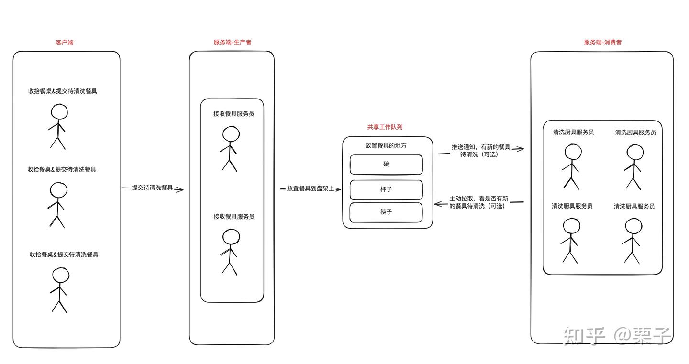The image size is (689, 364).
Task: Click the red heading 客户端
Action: point(65,43)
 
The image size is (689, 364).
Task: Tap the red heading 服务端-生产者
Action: point(233,43)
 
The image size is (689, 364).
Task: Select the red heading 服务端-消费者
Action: point(603,43)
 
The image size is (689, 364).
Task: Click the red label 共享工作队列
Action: point(385,127)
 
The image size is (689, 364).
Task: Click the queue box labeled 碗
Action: point(386,165)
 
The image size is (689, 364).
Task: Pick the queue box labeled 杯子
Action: point(386,190)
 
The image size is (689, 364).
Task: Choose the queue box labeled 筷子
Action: point(386,212)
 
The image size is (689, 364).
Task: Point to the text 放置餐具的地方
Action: point(386,146)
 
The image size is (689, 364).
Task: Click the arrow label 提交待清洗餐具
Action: point(152,188)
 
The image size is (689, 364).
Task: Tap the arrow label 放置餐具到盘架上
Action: point(311,188)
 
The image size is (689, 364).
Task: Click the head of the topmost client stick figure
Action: point(59,111)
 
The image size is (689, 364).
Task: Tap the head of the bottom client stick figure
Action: point(61,275)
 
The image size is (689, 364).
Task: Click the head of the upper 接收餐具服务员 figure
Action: point(231,134)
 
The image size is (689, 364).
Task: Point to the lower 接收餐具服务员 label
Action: point(234,216)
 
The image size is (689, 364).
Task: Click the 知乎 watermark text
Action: point(584,335)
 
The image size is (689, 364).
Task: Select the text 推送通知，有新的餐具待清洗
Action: point(480,151)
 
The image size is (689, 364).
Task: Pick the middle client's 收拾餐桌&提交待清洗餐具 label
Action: point(62,169)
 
